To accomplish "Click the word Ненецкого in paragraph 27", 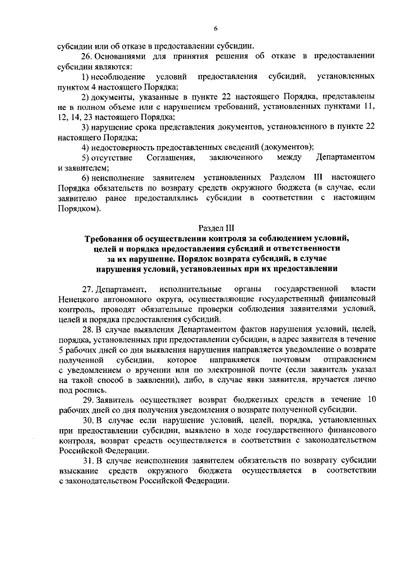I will (x=78, y=299).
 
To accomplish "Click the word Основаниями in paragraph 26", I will (x=123, y=56).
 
